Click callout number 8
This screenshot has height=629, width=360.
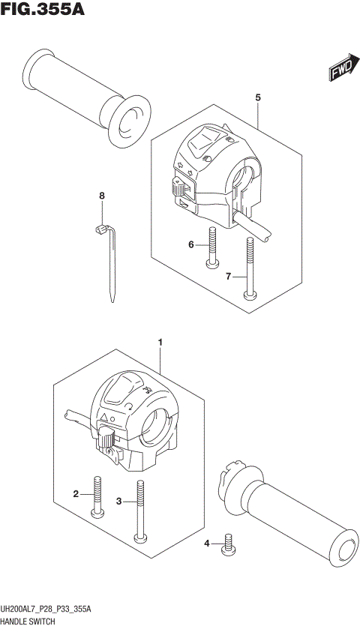[103, 196]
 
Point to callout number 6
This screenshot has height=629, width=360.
[191, 244]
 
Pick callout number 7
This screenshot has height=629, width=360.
[229, 277]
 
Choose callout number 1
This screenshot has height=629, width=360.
[160, 343]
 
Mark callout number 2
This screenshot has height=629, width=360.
[76, 493]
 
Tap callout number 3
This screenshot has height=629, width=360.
[118, 502]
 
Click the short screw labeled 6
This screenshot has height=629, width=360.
[213, 247]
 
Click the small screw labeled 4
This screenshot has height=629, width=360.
[226, 547]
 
